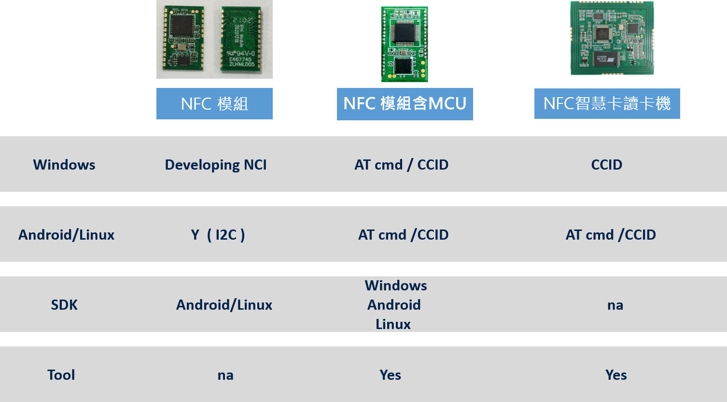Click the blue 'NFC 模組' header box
pyautogui.click(x=214, y=103)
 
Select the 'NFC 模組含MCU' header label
pyautogui.click(x=405, y=104)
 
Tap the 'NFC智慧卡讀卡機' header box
pyautogui.click(x=607, y=103)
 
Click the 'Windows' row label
pyautogui.click(x=64, y=165)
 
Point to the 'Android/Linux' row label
pyautogui.click(x=66, y=235)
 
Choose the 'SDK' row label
pyautogui.click(x=64, y=305)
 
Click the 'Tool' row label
pyautogui.click(x=61, y=375)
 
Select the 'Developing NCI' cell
pyautogui.click(x=216, y=165)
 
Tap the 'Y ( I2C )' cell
pyautogui.click(x=218, y=235)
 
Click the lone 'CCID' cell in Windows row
pyautogui.click(x=607, y=165)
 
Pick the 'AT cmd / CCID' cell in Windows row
pyautogui.click(x=402, y=165)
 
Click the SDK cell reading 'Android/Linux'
pyautogui.click(x=224, y=305)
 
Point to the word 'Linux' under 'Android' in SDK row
pyautogui.click(x=393, y=324)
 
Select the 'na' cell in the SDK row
pyautogui.click(x=615, y=305)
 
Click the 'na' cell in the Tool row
pyautogui.click(x=225, y=375)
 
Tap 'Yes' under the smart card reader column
pyautogui.click(x=616, y=375)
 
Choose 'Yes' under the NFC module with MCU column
pyautogui.click(x=390, y=375)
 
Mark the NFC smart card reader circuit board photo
pyautogui.click(x=612, y=38)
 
